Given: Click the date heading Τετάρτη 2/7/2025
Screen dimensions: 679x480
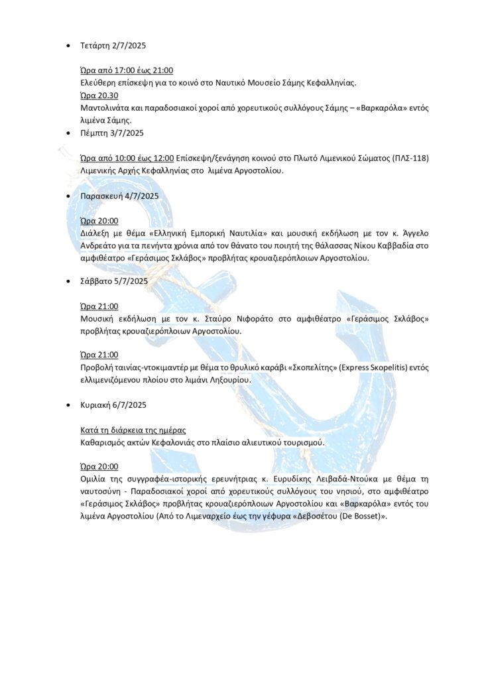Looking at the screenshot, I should pyautogui.click(x=113, y=46).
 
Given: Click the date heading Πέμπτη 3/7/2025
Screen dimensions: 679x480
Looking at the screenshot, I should pyautogui.click(x=111, y=133).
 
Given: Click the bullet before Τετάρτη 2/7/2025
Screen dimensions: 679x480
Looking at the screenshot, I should pyautogui.click(x=70, y=46).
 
